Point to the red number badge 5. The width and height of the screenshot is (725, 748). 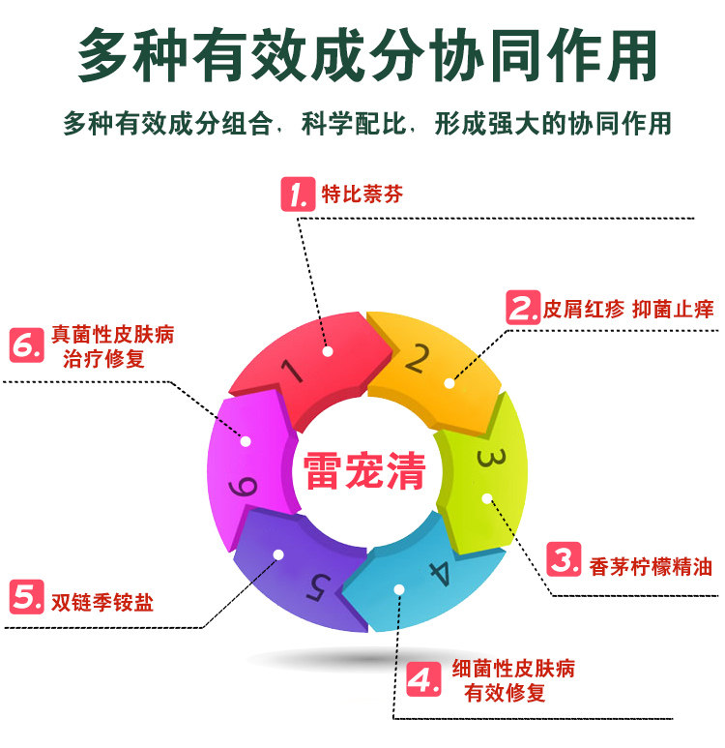26,597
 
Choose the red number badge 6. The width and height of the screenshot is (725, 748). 27,345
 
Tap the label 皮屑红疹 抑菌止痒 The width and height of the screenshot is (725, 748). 627,310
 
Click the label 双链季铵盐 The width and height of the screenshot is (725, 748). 101,601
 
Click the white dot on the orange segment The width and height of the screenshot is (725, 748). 449,383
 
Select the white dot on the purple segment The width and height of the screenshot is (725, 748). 278,554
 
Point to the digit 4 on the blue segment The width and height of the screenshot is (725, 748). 439,574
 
